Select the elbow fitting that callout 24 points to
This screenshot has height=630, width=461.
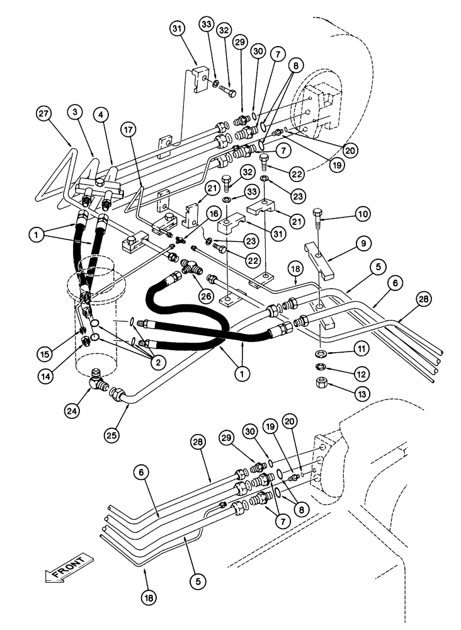coord(98,378)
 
